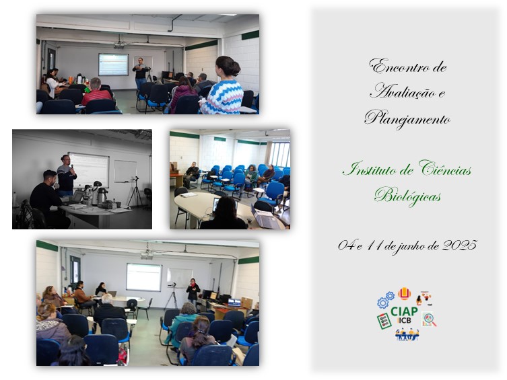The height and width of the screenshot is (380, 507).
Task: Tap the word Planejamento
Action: [x=407, y=118]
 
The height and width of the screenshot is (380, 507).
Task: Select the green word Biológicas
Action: [x=407, y=196]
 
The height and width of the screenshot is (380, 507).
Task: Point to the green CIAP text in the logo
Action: [x=404, y=311]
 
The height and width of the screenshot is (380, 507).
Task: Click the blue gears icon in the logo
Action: [x=385, y=300]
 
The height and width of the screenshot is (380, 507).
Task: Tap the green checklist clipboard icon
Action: [x=384, y=321]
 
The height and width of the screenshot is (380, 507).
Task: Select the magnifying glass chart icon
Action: [x=429, y=319]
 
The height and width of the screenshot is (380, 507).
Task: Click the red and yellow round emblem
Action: [x=404, y=294]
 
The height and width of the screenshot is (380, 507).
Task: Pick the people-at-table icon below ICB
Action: [x=407, y=334]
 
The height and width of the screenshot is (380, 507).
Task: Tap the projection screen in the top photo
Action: [x=113, y=65]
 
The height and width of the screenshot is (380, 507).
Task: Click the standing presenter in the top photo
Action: [x=141, y=73]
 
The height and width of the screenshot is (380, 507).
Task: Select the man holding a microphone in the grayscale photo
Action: [x=66, y=176]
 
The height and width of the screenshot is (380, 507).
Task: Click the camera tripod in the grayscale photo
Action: [x=135, y=192]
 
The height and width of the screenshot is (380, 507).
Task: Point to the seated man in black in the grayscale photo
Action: [x=48, y=198]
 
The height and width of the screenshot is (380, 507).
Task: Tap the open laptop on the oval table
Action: [x=265, y=219]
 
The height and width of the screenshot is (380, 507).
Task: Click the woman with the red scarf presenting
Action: [x=193, y=291]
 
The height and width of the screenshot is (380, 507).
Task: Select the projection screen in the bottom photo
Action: [x=143, y=277]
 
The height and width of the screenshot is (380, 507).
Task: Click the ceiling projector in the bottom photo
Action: [x=147, y=256]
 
